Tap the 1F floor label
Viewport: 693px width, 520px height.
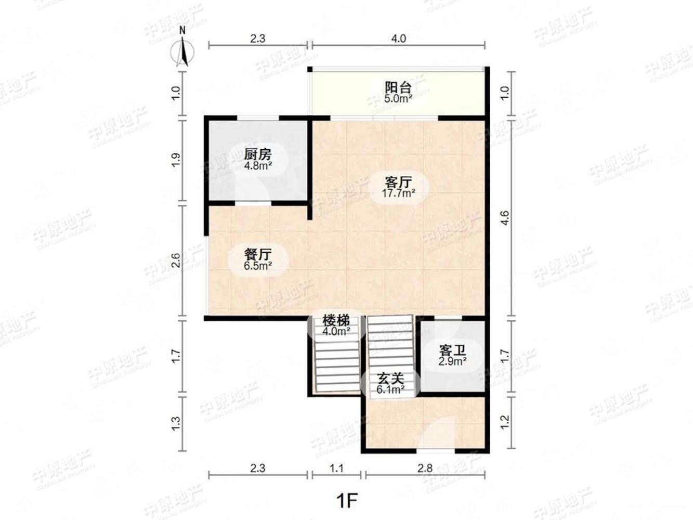click(347, 501)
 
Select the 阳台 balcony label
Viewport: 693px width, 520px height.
click(398, 87)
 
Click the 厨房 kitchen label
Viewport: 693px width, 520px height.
click(258, 154)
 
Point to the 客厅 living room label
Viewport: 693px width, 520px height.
click(399, 183)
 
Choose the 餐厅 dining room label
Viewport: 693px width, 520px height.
click(258, 254)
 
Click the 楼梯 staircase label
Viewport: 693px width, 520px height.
click(336, 320)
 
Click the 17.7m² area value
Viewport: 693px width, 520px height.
click(399, 194)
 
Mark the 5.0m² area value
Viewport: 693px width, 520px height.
click(398, 98)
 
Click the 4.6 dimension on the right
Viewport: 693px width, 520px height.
click(504, 217)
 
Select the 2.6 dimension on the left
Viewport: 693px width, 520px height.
click(176, 261)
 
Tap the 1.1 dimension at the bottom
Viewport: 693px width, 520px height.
click(337, 468)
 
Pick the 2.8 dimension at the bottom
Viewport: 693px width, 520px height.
click(425, 468)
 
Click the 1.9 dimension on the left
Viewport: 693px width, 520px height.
click(176, 160)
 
